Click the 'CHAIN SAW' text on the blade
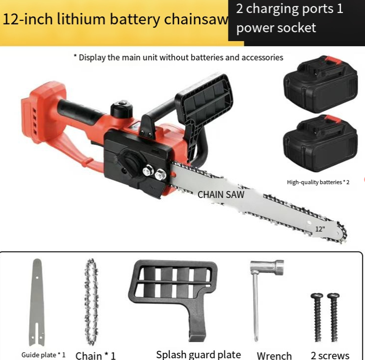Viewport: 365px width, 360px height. click(x=221, y=195)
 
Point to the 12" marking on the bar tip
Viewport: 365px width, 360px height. click(x=320, y=229)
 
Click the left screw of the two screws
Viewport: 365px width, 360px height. click(x=317, y=318)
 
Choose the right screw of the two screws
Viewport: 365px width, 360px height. click(x=334, y=318)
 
